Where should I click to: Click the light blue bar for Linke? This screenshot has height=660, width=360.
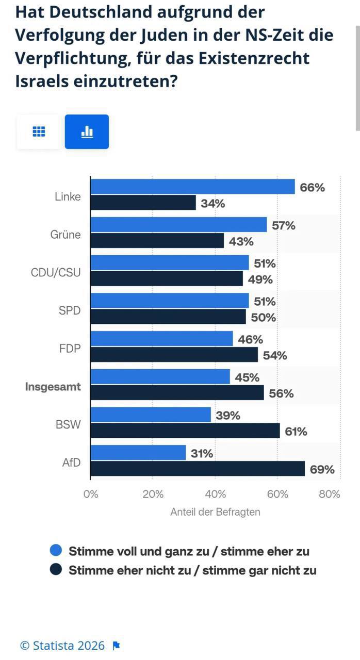192,187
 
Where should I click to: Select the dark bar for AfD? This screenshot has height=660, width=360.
198,469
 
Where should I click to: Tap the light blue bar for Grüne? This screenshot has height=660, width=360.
178,224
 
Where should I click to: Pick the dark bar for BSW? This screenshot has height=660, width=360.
185,431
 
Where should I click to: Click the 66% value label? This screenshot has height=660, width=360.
313,187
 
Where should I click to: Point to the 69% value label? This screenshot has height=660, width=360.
322,469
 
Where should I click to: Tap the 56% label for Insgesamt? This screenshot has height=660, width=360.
281,393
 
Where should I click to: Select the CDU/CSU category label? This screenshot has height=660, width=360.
56,272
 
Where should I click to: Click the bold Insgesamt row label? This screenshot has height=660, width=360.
53,386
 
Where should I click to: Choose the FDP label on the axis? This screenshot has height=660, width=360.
70,348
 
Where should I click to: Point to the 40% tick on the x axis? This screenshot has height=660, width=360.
215,494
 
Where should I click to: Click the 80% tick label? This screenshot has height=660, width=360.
330,494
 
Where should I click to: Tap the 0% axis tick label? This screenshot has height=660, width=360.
91,494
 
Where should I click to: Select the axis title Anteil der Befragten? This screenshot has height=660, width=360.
215,512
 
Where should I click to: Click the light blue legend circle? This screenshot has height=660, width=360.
56,551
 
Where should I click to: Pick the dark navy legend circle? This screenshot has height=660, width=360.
56,570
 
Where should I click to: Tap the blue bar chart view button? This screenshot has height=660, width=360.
87,132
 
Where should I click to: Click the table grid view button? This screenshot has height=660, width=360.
39,132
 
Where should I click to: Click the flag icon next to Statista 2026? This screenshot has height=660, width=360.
116,646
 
